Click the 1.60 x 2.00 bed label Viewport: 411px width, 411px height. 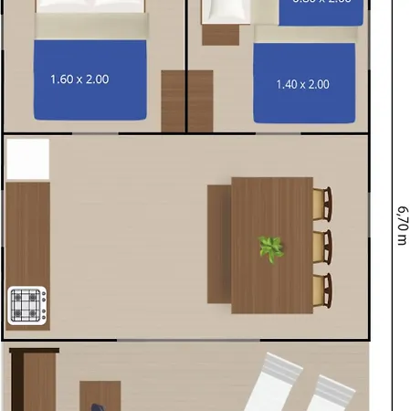tap(79, 79)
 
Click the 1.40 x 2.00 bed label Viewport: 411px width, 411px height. tap(302, 84)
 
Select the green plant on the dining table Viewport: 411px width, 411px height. tap(270, 248)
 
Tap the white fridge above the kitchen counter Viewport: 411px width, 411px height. tap(27, 159)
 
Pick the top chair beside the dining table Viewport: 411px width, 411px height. tap(322, 205)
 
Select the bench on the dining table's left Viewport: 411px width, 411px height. tap(219, 244)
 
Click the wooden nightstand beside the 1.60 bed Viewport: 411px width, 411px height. tap(173, 101)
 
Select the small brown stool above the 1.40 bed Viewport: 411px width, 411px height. tap(219, 35)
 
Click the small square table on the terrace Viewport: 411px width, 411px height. tap(100, 396)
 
